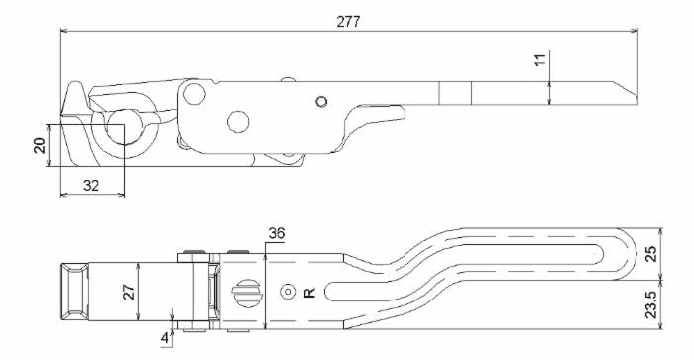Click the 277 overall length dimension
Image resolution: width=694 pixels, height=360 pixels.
[x=348, y=22]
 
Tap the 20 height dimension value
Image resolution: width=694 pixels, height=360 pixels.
[x=40, y=145]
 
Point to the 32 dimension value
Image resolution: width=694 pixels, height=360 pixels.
[x=91, y=186]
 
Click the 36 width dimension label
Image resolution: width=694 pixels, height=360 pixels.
[x=277, y=233]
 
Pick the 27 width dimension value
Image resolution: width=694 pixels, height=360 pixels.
[x=129, y=292]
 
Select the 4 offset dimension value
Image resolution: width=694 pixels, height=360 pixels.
[x=165, y=339]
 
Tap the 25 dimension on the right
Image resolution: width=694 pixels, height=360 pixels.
[x=651, y=253]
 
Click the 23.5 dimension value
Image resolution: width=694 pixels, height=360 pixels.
[x=651, y=304]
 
